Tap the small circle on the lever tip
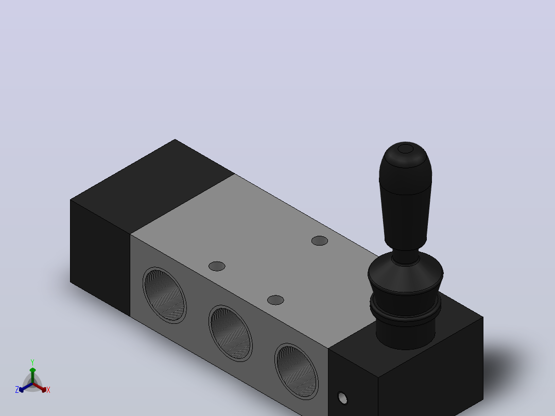[405, 149]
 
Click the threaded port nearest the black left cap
[165, 296]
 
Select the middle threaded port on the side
[231, 333]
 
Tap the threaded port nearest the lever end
[297, 371]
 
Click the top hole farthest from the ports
[320, 241]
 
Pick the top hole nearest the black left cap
[217, 266]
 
